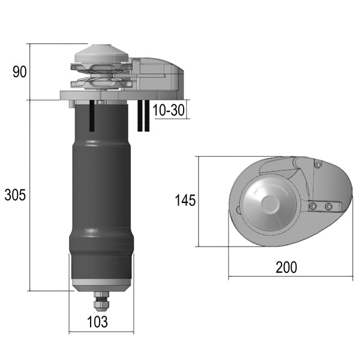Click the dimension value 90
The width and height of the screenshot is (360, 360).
point(19,72)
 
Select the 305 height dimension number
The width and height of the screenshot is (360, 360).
point(16,195)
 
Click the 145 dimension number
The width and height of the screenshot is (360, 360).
point(185,200)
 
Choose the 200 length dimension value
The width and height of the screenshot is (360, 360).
point(286,267)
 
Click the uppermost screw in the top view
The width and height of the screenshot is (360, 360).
point(317,165)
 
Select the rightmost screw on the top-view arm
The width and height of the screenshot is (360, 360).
point(328,206)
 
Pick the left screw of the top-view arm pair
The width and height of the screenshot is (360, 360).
point(313,206)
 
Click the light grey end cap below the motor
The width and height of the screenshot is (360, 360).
point(100,284)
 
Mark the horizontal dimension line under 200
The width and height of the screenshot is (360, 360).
point(288,277)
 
